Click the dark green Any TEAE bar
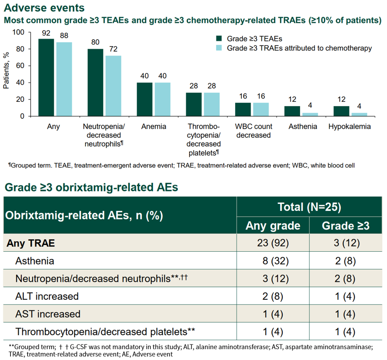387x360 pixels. pyautogui.click(x=46, y=78)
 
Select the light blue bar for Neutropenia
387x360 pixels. pyautogui.click(x=113, y=86)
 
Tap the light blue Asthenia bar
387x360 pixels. pyautogui.click(x=310, y=114)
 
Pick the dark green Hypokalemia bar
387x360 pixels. pyautogui.click(x=341, y=111)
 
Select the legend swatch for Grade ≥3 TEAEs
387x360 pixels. pyautogui.click(x=218, y=38)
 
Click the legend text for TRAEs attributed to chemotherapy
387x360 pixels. pyautogui.click(x=299, y=48)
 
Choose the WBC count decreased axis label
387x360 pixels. pyautogui.click(x=253, y=131)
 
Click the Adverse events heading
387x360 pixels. pyautogui.click(x=45, y=7)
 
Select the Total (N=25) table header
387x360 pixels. pyautogui.click(x=309, y=207)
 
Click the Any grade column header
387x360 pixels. pyautogui.click(x=273, y=226)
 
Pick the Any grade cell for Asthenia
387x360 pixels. pyautogui.click(x=273, y=261)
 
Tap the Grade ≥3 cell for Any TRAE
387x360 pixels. pyautogui.click(x=345, y=243)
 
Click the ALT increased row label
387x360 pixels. pyautogui.click(x=47, y=296)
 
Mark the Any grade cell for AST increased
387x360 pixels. pyautogui.click(x=273, y=314)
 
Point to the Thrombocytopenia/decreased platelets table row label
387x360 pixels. pyautogui.click(x=105, y=332)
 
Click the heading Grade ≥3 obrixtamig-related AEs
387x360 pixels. pyautogui.click(x=91, y=187)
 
